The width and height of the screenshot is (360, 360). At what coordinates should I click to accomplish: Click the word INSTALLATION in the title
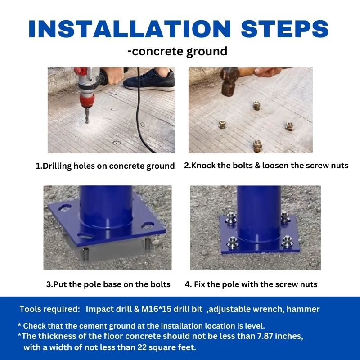tap(130, 29)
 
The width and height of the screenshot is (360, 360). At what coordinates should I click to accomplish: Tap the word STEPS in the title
tap(285, 29)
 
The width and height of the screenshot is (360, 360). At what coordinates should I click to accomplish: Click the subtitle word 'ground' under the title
tap(207, 52)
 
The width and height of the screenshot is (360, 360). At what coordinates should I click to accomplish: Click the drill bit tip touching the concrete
tap(86, 121)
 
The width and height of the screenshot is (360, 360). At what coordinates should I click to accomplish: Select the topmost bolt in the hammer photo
tap(256, 105)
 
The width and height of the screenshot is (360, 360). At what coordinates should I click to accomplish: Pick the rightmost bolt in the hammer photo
tap(290, 126)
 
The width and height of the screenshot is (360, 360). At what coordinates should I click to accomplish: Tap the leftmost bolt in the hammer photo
tap(223, 124)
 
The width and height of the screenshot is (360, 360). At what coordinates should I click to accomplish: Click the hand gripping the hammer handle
tap(267, 72)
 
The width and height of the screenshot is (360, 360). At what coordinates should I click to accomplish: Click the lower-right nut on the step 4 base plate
tap(287, 242)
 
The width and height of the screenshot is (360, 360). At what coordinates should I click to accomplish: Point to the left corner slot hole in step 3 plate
tap(65, 208)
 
